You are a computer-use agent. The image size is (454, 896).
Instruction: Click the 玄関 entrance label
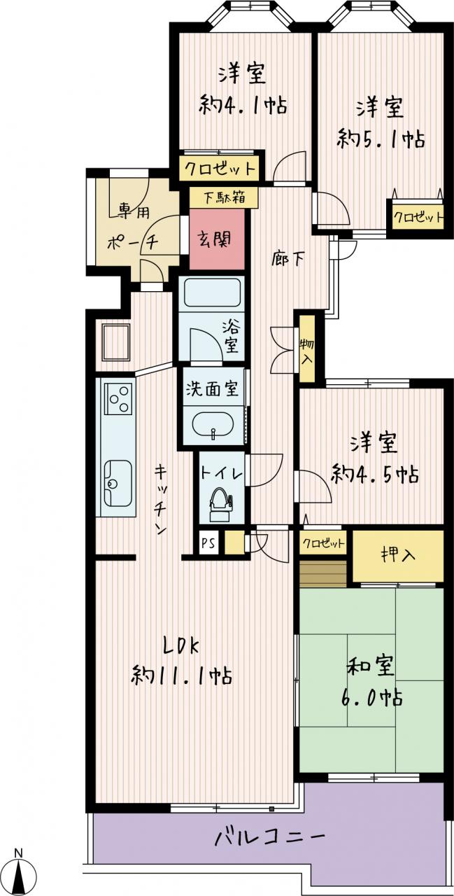(216, 240)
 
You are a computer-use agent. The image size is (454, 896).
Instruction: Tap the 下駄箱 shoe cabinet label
(225, 197)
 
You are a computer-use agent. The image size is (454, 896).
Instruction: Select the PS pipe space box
(208, 543)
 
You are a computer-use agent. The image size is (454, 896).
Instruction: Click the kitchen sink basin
(118, 482)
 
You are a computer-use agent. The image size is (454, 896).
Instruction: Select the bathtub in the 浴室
(211, 293)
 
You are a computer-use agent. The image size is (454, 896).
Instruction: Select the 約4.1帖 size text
(243, 106)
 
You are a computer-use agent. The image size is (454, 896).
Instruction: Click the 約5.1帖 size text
(381, 139)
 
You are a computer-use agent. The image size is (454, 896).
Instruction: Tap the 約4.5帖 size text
(375, 475)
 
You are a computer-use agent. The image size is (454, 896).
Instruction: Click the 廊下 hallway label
(288, 260)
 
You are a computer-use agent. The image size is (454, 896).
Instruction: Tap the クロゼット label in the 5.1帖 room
(418, 218)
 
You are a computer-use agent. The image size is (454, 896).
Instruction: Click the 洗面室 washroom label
(213, 388)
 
